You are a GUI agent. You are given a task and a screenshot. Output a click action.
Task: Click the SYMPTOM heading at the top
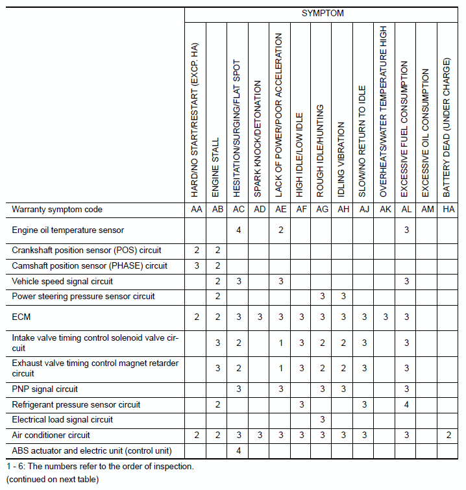click(322, 13)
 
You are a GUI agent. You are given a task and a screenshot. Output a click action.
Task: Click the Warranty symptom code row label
click(57, 210)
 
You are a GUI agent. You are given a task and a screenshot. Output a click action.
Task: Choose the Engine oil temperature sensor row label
click(68, 230)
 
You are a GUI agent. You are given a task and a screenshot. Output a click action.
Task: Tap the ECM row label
click(21, 317)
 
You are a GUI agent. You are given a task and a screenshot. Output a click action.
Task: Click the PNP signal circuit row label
click(45, 389)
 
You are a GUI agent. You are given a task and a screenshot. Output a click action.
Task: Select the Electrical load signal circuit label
click(62, 420)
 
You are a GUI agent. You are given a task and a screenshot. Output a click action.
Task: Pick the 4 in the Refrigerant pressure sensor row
click(406, 404)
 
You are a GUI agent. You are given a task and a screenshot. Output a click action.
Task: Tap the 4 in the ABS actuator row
click(238, 450)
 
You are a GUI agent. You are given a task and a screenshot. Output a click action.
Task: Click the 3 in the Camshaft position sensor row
click(196, 265)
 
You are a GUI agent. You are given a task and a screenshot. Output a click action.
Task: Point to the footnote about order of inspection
click(100, 466)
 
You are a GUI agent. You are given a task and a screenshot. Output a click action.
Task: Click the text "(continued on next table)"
click(53, 480)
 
